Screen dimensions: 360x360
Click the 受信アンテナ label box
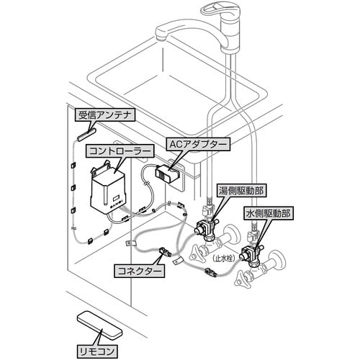coord(105,115)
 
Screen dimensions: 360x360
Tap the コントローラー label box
coord(120,150)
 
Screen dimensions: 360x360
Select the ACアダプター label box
coord(198,144)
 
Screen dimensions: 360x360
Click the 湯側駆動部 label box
coord(241,191)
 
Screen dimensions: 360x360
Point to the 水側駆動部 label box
coord(269,213)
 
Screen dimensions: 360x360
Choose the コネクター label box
coord(139,271)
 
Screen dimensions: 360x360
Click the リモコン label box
coord(96,351)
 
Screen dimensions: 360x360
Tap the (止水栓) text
coord(223,259)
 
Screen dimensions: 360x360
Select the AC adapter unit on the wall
coord(168,172)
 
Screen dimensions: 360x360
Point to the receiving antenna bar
coord(86,134)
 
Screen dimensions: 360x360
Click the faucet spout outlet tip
coord(161,37)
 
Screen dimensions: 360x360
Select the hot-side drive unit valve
coord(204,228)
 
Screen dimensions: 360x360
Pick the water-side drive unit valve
coord(250,254)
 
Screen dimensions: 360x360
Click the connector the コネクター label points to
coord(164,251)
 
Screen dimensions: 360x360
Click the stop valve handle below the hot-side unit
coord(197,255)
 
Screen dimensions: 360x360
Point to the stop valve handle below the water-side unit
coord(242,279)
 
